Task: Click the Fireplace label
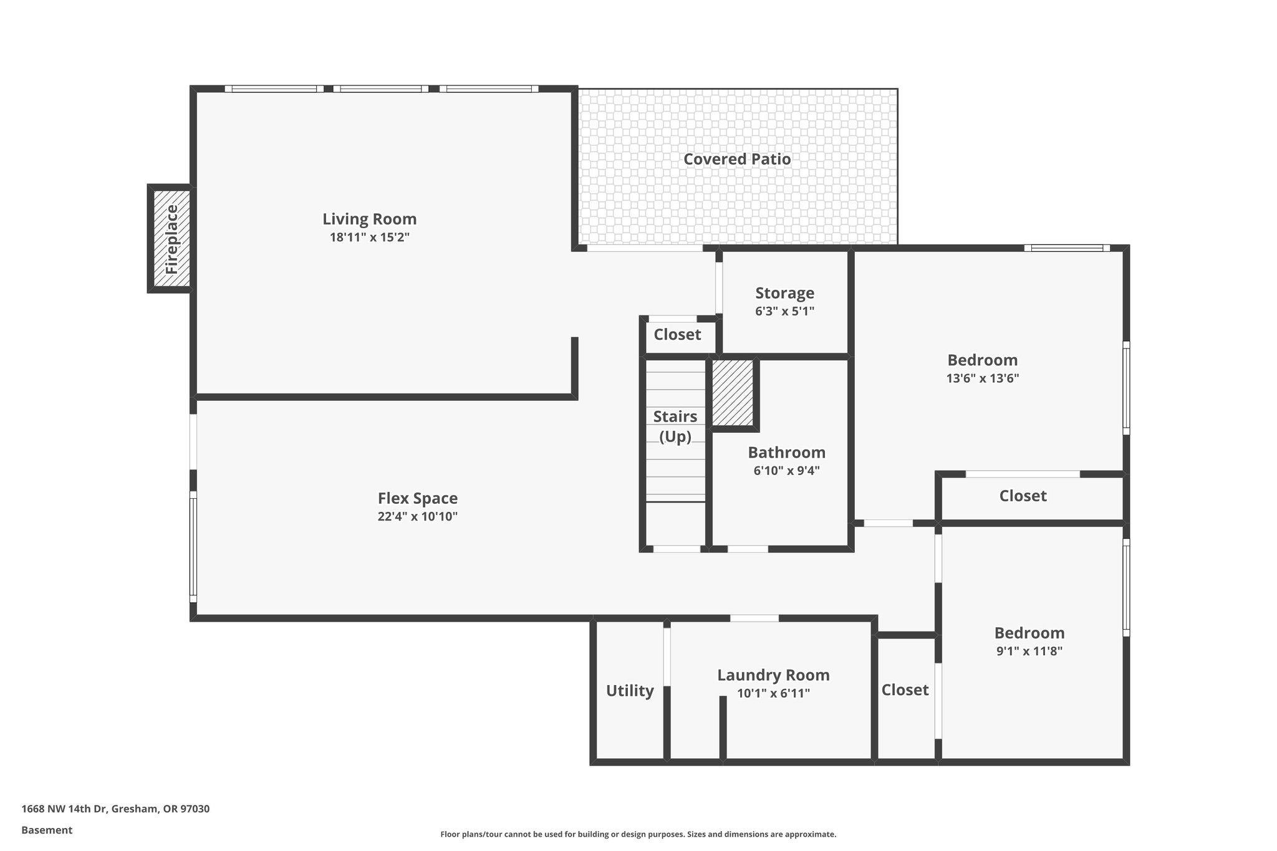click(x=171, y=239)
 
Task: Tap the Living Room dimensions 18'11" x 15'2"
click(x=369, y=238)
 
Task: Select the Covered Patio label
click(x=737, y=159)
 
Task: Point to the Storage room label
click(x=784, y=293)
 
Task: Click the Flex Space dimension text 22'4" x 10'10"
click(x=417, y=516)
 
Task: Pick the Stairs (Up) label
click(x=675, y=426)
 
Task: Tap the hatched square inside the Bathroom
click(x=732, y=393)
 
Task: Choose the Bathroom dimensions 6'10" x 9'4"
click(x=786, y=471)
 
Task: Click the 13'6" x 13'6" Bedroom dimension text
click(x=982, y=378)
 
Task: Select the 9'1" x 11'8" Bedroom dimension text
click(x=1029, y=651)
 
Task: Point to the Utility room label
click(x=630, y=691)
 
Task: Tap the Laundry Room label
click(x=773, y=675)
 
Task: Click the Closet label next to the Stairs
click(x=677, y=335)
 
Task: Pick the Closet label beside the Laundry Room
click(x=905, y=690)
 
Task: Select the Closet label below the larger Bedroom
click(x=1023, y=496)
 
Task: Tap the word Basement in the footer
click(x=47, y=830)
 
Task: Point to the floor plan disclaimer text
click(x=638, y=834)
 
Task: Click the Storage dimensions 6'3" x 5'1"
click(x=784, y=311)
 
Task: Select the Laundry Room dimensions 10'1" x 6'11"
click(x=773, y=693)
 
